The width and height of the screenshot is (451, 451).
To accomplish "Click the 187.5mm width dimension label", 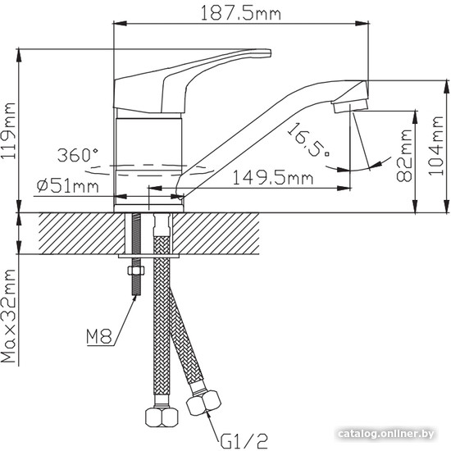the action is [x=240, y=13].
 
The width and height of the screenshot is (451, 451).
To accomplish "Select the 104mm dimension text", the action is [x=436, y=145].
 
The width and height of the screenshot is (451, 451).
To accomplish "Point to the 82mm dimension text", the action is [x=404, y=156].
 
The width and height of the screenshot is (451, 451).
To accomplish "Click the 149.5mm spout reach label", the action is [x=272, y=178].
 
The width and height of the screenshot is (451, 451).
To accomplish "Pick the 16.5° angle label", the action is [x=308, y=139].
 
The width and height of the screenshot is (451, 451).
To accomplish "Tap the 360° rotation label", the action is [x=77, y=155].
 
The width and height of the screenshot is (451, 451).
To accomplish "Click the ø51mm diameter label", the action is [x=68, y=186].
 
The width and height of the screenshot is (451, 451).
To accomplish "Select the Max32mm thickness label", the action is [x=9, y=316].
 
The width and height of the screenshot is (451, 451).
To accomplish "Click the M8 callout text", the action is [x=99, y=336].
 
